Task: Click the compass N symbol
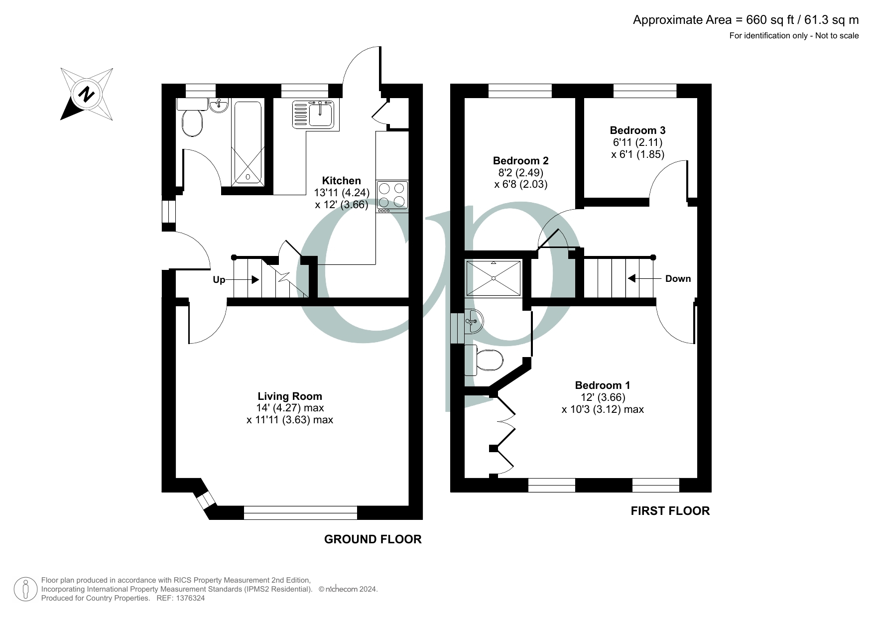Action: point(87,94)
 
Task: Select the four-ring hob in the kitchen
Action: point(392,195)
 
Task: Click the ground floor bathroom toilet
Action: point(192,123)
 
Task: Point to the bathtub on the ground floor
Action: point(247,142)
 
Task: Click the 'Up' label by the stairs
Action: point(219,280)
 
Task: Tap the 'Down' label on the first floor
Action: point(678,279)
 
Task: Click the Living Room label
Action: point(290,396)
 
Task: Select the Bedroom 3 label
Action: point(637,130)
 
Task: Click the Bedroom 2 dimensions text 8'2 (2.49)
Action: point(520,172)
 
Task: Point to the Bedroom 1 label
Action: point(602,385)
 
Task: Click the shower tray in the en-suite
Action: point(494,278)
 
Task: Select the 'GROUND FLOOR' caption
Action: point(373,539)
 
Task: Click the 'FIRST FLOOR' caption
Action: point(670,510)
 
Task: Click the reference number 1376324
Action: point(188,598)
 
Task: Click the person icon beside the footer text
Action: point(25,589)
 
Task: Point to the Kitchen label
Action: point(341,181)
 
